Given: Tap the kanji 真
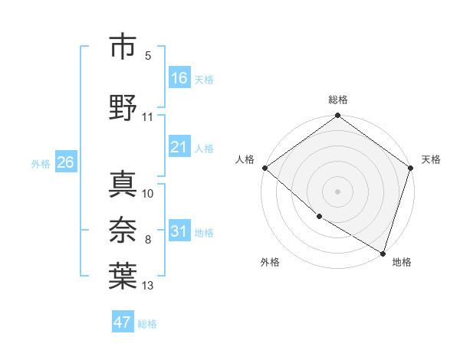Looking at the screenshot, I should [x=123, y=183].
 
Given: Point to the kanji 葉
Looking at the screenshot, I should [x=123, y=277].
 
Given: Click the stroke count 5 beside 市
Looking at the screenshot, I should [x=148, y=56].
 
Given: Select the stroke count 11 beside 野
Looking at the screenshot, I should [x=148, y=117].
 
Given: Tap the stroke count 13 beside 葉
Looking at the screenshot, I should [x=148, y=286].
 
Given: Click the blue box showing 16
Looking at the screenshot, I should [x=179, y=78].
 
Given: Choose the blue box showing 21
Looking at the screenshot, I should [x=179, y=147].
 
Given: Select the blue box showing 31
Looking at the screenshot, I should [x=179, y=231].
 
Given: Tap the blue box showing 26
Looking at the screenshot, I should [x=65, y=162].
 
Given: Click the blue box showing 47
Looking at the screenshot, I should [x=123, y=322].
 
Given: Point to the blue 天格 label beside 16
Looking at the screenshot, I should [x=204, y=80].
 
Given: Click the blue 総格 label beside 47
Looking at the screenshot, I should [x=147, y=324].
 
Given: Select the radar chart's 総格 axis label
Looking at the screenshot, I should [x=338, y=100].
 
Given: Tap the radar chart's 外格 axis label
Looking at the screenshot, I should [x=270, y=262].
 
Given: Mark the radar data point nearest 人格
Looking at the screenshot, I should [x=264, y=168].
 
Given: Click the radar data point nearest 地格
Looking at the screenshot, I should [x=383, y=252].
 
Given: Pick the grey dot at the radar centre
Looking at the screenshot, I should [x=338, y=191].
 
